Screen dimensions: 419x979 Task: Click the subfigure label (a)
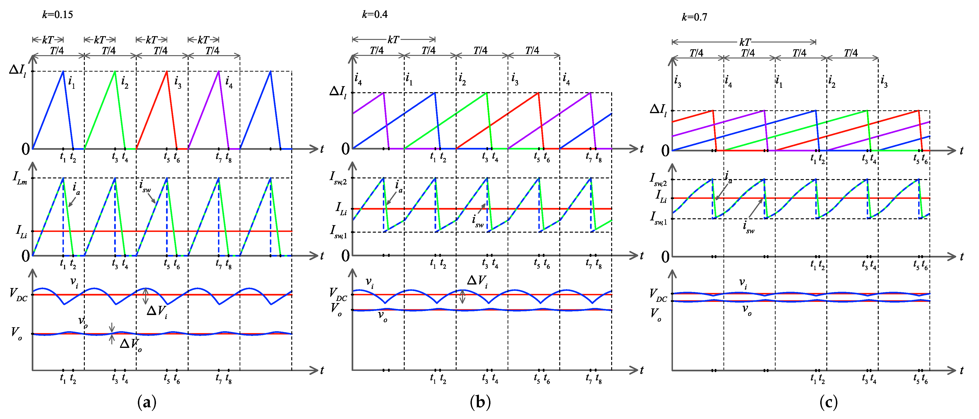(x=147, y=402)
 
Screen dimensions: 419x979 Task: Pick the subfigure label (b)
(x=480, y=402)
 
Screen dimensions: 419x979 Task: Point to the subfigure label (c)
(x=828, y=402)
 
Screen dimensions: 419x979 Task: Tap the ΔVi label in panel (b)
(x=477, y=281)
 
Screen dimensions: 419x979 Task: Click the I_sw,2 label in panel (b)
(x=338, y=178)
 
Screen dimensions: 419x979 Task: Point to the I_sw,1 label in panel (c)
(x=658, y=218)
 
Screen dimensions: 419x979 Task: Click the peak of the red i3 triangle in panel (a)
(x=167, y=71)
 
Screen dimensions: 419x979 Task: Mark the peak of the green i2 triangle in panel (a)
(x=115, y=71)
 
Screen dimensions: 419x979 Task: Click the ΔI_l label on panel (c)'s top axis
(x=658, y=110)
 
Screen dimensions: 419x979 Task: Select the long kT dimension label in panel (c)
(x=745, y=42)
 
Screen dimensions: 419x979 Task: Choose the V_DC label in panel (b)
(x=338, y=294)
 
